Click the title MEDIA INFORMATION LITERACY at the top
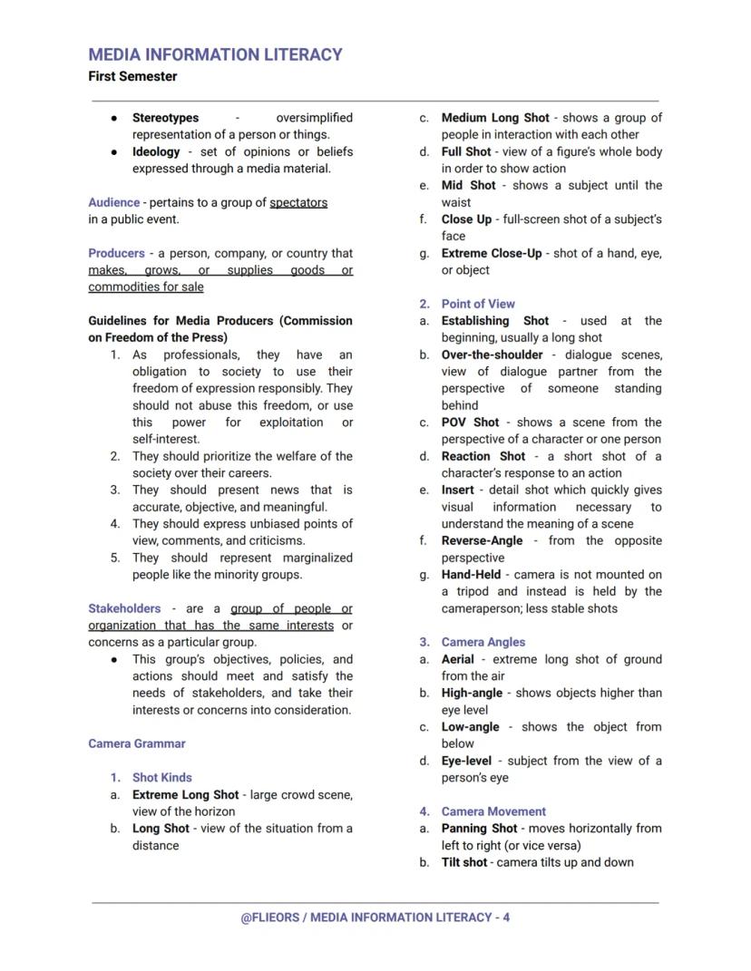215,54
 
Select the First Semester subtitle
132,77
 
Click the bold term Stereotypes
165,118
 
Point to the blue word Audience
113,202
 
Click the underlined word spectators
298,202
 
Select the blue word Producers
116,254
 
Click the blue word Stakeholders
124,608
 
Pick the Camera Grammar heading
137,743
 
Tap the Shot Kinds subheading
161,778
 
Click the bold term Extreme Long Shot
185,795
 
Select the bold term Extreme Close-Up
491,254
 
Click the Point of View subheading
478,304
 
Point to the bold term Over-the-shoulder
492,354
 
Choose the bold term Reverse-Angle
482,540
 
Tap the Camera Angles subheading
483,642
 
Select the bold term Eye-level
466,761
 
